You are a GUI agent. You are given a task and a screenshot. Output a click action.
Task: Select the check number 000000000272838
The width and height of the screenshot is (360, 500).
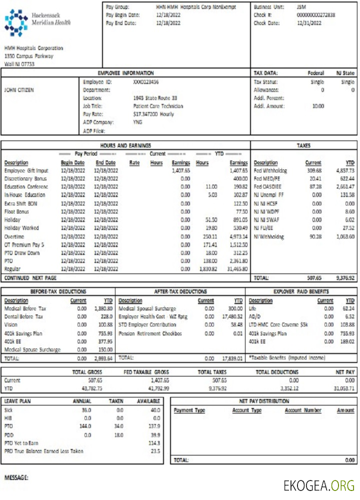point(315,15)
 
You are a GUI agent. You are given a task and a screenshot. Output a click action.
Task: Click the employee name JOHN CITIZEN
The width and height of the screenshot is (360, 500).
point(19,90)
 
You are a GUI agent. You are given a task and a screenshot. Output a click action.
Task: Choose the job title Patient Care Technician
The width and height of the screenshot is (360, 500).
point(158,106)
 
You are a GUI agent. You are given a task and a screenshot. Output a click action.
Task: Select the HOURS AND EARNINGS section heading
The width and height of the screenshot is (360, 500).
point(125,145)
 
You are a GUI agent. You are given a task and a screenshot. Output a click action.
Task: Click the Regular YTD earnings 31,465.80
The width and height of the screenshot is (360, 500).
point(237,269)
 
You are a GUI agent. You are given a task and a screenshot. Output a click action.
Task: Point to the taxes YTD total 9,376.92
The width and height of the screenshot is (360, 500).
point(345,277)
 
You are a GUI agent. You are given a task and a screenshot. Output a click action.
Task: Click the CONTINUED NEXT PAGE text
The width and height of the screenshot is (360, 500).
point(30,277)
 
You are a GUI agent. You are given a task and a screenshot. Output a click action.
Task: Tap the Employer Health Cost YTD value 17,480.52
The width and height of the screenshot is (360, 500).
point(232,316)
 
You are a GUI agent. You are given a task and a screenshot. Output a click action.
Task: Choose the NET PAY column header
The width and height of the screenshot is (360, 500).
point(344,372)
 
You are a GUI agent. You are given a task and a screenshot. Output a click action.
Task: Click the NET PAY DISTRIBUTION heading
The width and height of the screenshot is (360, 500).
point(264,401)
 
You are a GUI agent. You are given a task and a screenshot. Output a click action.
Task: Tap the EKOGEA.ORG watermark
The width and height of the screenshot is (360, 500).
point(318,485)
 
